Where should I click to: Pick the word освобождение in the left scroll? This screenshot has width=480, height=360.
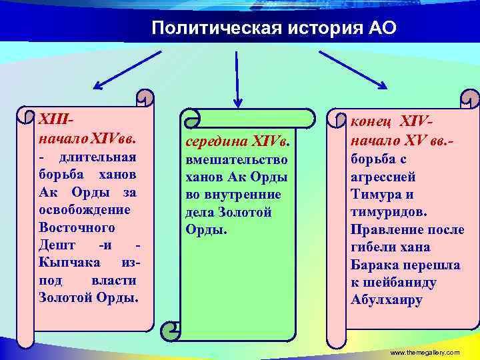pyautogui.click(x=85, y=209)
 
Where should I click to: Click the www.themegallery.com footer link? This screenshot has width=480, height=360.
pyautogui.click(x=425, y=352)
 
